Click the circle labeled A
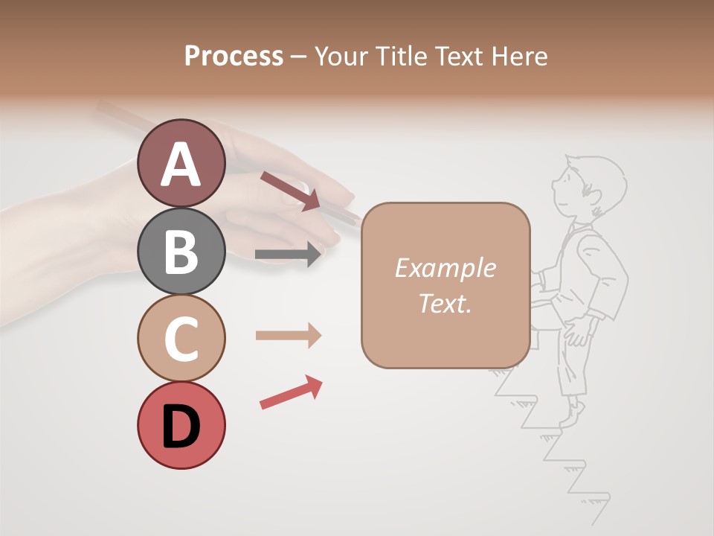(181, 163)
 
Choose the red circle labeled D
(181, 425)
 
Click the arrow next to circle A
(290, 191)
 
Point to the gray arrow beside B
(288, 255)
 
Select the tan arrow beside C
(288, 336)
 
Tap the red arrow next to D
(291, 392)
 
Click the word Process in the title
(234, 56)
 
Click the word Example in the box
(445, 268)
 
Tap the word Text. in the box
(445, 303)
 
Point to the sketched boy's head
(588, 186)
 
